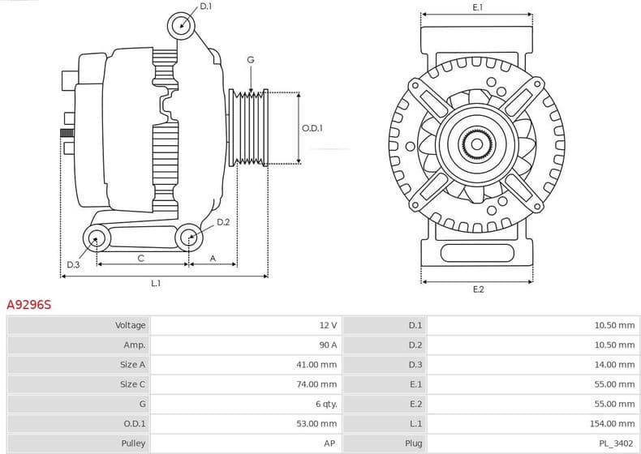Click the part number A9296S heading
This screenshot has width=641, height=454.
[29, 305]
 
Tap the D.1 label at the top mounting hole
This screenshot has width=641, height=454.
[205, 6]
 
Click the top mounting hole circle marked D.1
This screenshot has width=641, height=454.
[182, 25]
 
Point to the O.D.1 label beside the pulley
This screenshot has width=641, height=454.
[312, 128]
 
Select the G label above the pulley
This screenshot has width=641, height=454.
[251, 60]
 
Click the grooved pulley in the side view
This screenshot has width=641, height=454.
[249, 128]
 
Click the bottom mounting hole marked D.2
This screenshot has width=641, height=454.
[190, 237]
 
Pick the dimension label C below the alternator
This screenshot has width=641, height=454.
[140, 259]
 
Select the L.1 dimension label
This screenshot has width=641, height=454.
[156, 283]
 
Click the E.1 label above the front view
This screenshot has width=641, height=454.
[477, 7]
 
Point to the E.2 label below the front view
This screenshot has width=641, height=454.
[478, 289]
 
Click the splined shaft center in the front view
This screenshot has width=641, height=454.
[477, 145]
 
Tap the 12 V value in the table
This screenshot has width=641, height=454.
[328, 325]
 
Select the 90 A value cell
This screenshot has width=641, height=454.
[328, 345]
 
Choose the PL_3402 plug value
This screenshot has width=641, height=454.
[617, 443]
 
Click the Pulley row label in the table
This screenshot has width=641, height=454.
[133, 443]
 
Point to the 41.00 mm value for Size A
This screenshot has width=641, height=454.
[316, 365]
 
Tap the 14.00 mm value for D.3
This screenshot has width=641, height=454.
[616, 365]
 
